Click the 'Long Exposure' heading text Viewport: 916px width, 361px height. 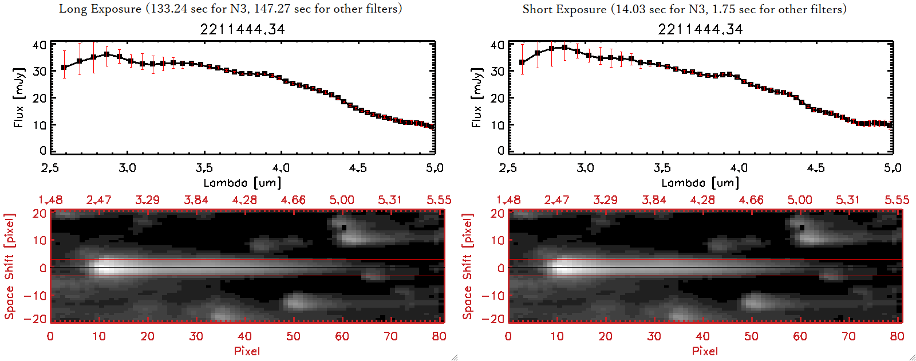[100, 9]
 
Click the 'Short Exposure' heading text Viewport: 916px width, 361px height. [564, 9]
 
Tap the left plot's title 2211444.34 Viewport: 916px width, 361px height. [242, 29]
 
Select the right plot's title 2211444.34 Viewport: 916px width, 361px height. [700, 29]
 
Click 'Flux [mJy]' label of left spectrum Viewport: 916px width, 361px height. [19, 97]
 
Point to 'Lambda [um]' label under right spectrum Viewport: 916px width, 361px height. [700, 183]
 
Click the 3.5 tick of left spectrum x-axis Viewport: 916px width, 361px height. [204, 168]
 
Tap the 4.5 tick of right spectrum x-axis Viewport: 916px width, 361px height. [816, 168]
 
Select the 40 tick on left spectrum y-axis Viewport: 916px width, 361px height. [40, 45]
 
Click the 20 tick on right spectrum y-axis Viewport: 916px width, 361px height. [498, 98]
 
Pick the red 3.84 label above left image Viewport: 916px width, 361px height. [196, 200]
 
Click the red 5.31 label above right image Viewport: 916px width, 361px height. [848, 200]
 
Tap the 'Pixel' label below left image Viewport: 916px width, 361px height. [247, 351]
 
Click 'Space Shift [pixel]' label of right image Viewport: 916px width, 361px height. [468, 266]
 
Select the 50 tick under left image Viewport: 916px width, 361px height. [293, 336]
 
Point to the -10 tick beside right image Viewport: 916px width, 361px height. [493, 295]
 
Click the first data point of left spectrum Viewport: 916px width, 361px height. [64, 68]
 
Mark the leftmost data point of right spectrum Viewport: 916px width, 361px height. [522, 62]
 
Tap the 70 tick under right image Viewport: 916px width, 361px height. [848, 336]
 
